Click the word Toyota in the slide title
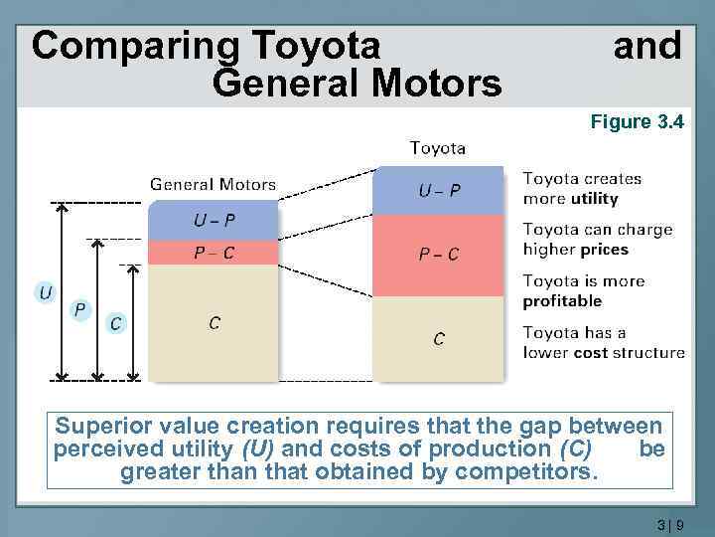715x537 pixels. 318,46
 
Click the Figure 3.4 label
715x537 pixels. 637,122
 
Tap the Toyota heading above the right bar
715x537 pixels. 438,148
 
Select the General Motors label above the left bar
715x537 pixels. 213,184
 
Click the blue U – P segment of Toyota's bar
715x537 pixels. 438,190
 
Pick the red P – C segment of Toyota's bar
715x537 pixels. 438,254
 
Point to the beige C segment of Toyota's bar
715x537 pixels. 438,338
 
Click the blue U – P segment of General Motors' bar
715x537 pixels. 214,220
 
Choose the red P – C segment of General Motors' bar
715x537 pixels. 214,252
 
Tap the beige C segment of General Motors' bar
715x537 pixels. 214,322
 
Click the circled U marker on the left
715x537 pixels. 46,292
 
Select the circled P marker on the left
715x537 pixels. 80,310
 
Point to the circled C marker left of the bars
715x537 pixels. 116,323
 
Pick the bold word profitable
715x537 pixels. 562,301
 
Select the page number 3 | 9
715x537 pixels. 670,523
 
